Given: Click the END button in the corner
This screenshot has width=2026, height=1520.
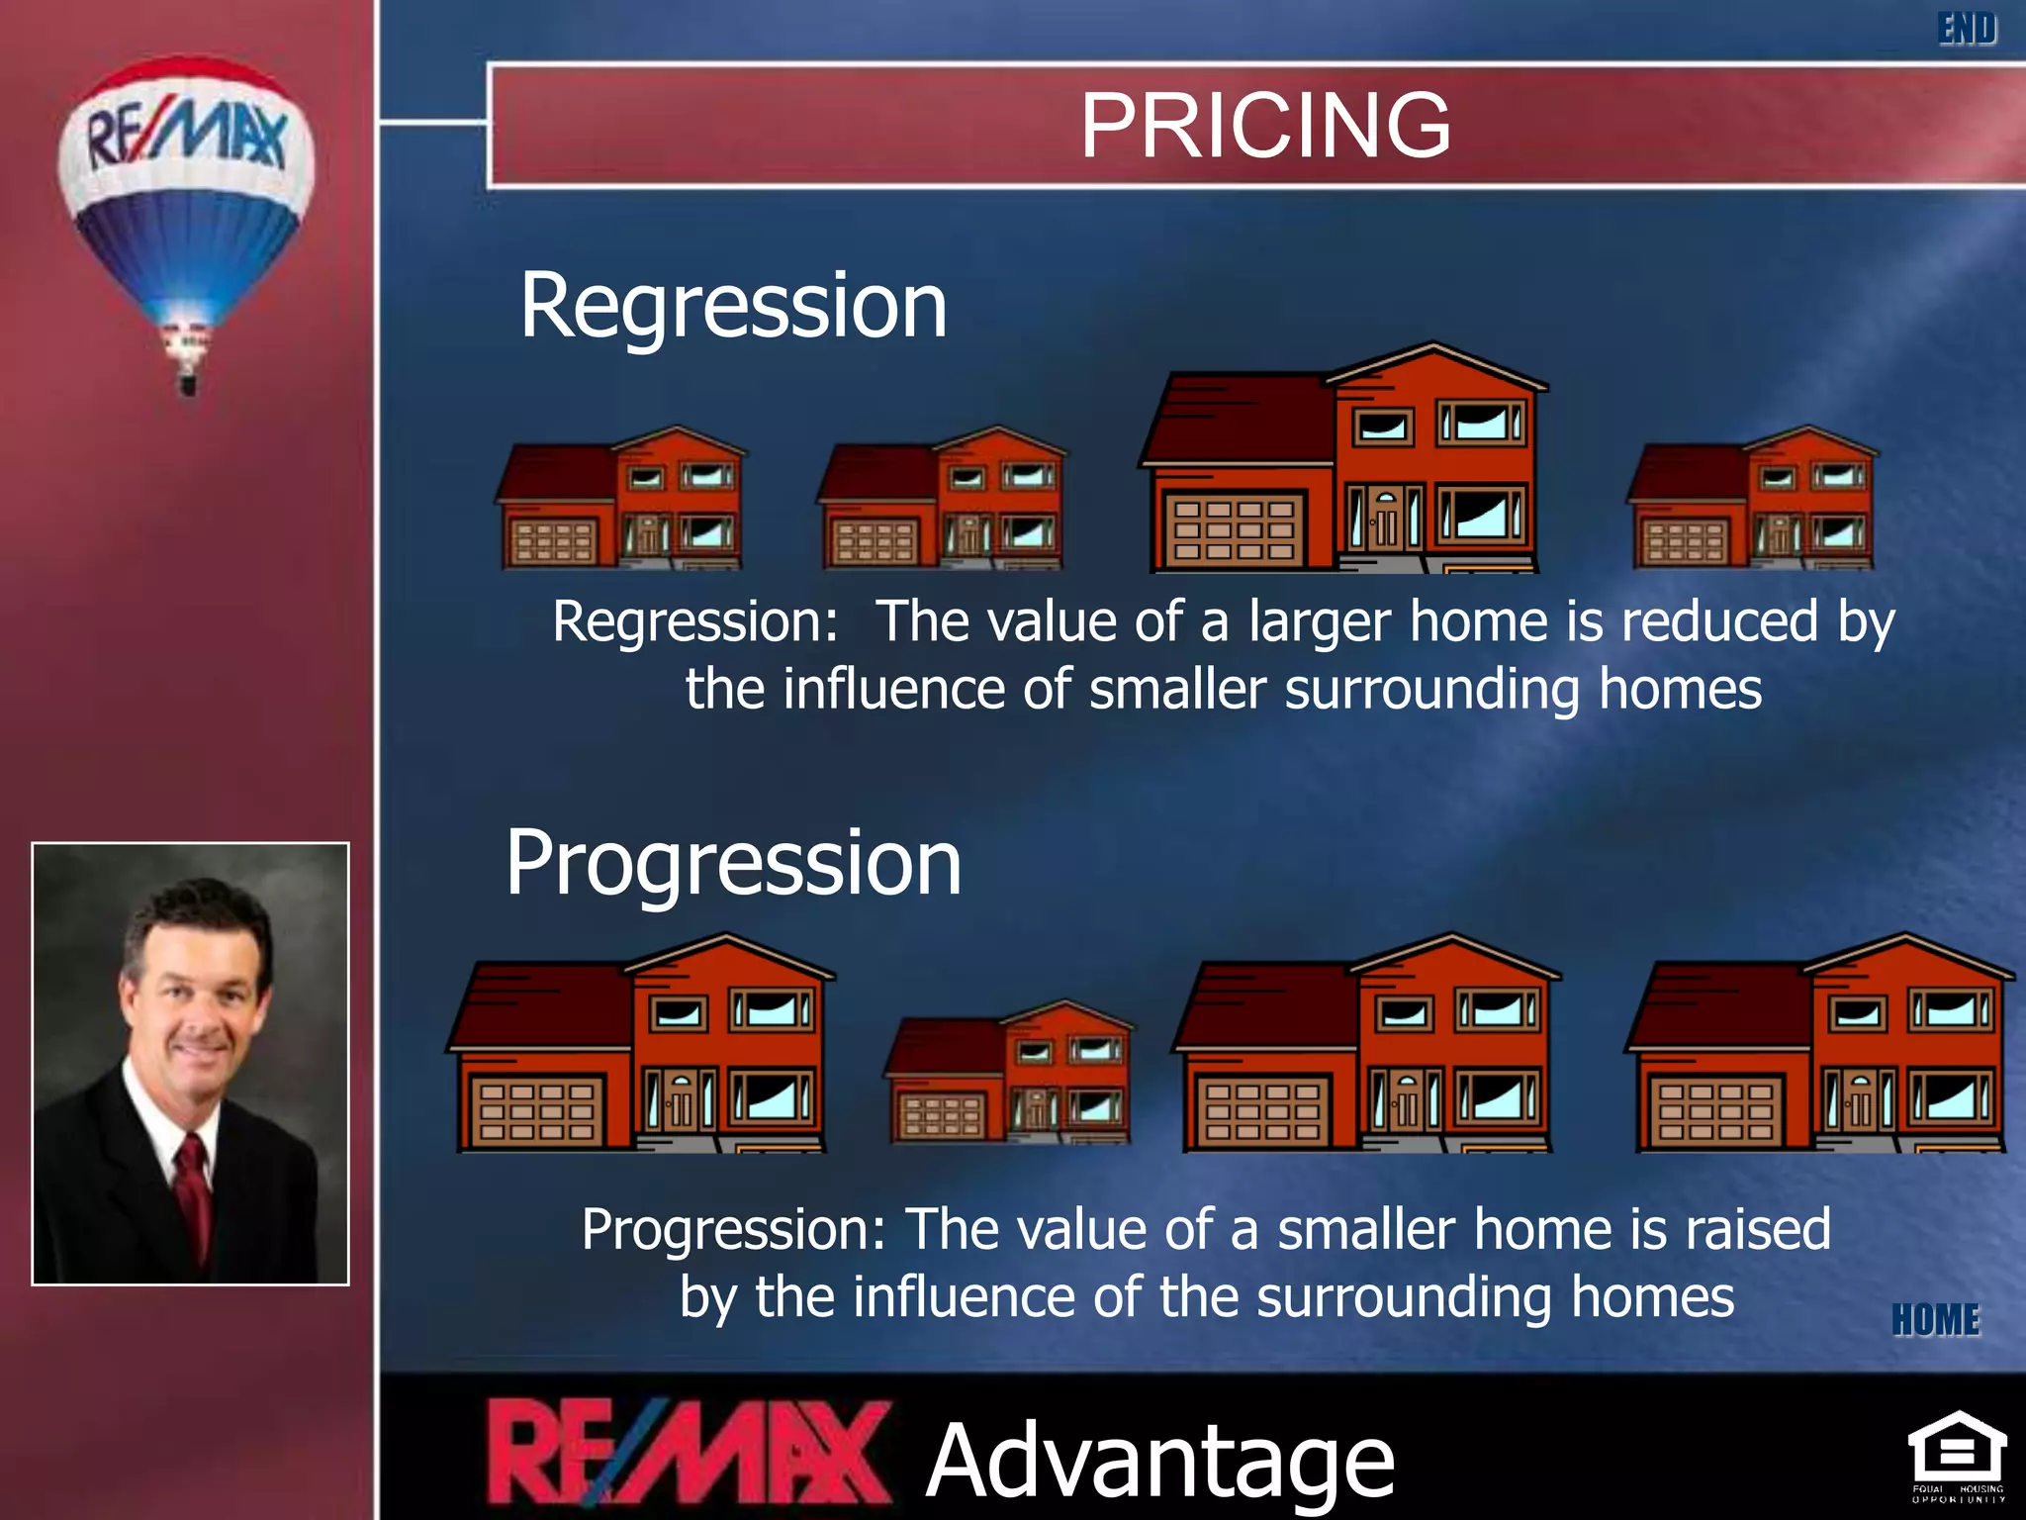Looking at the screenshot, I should (1967, 29).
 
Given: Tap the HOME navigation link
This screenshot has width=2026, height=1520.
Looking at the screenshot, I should (1935, 1320).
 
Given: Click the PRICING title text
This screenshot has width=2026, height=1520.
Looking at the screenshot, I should (1265, 126).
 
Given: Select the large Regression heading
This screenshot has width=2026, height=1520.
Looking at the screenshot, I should (733, 306).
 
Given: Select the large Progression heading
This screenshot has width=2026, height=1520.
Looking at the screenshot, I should (733, 864).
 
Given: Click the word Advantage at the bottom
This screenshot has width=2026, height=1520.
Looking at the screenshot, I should (1159, 1461).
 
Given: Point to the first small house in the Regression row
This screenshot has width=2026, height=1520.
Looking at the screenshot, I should (621, 501).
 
